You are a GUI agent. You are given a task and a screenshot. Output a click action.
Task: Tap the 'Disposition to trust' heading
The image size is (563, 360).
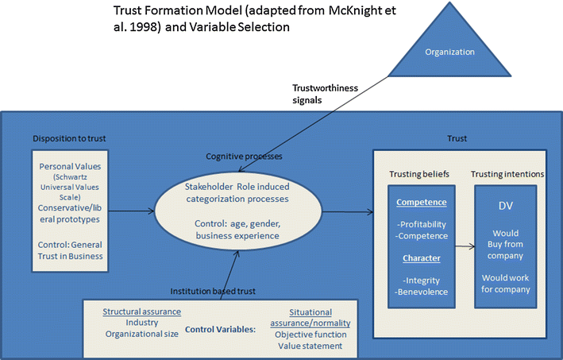(x=69, y=139)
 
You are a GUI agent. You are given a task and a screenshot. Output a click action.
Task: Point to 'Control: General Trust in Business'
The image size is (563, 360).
(x=69, y=250)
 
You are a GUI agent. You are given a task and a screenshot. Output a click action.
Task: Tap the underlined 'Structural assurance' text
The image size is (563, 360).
(x=142, y=312)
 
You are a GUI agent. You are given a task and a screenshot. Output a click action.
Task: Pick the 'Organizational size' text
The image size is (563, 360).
(x=142, y=335)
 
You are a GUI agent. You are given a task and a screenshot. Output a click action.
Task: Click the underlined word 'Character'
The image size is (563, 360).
(x=422, y=257)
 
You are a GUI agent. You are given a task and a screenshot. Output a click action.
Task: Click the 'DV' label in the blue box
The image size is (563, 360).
(x=505, y=206)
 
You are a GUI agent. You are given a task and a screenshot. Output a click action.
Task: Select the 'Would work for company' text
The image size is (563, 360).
(x=505, y=284)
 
